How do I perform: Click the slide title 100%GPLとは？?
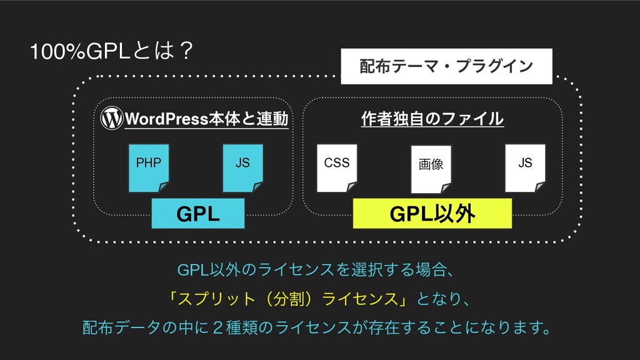coord(111,51)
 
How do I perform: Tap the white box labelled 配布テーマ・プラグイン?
coord(446,66)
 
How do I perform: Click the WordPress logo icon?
coord(111,118)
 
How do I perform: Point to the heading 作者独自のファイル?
coord(432,119)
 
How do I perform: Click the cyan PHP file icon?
coord(149,167)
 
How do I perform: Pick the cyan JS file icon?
coord(243,167)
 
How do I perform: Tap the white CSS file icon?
coord(337,167)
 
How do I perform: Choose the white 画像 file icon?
coord(431,169)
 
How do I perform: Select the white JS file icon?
coord(525,167)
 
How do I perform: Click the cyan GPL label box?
coord(198,214)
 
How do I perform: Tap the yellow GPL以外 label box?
coord(432,214)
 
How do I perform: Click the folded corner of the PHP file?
coord(164,187)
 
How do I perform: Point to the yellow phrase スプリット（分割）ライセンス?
coord(287,299)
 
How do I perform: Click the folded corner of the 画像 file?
coord(446,189)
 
